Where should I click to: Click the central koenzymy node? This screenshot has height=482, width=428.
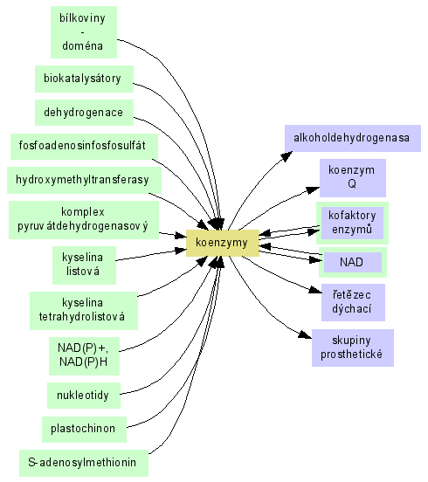click(223, 243)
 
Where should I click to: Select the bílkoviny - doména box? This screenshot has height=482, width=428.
click(84, 32)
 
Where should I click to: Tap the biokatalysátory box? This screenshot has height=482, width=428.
click(84, 79)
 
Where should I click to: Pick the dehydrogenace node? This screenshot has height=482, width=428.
click(84, 113)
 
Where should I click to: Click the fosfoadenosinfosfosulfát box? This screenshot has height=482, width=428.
click(84, 147)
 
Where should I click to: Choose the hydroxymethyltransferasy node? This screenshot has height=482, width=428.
click(84, 180)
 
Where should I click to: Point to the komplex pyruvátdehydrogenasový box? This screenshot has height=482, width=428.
click(84, 220)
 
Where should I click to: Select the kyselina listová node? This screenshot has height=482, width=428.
click(84, 265)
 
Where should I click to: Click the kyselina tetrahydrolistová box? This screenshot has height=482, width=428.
click(84, 311)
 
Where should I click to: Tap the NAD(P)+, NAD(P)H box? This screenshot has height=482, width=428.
click(84, 356)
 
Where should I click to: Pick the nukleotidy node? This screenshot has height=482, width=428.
click(84, 396)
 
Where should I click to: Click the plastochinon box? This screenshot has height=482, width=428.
click(84, 430)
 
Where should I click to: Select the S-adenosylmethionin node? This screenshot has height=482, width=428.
click(84, 464)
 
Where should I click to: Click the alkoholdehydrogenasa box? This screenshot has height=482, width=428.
click(353, 138)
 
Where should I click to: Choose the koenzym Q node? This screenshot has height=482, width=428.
click(353, 178)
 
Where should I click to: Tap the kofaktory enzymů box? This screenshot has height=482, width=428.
click(352, 224)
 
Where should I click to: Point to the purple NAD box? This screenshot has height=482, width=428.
click(353, 263)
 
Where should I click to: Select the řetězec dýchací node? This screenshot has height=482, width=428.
click(353, 302)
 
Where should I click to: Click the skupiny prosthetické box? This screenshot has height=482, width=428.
click(353, 348)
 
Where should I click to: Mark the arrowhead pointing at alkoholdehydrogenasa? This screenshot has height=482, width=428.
click(287, 156)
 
